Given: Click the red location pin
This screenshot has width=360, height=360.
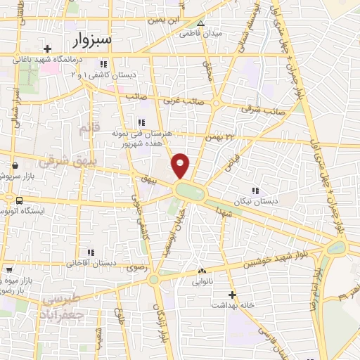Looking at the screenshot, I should click(x=181, y=165).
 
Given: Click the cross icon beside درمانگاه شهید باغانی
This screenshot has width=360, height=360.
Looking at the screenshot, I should click(x=47, y=49).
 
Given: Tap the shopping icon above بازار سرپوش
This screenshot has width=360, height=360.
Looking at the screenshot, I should click(x=15, y=167).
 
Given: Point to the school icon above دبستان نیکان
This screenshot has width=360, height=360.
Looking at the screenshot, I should click(x=255, y=190).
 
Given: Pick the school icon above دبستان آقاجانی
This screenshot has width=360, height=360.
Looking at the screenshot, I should click(x=90, y=252).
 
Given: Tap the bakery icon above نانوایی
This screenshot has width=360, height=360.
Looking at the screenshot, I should click(x=202, y=271).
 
